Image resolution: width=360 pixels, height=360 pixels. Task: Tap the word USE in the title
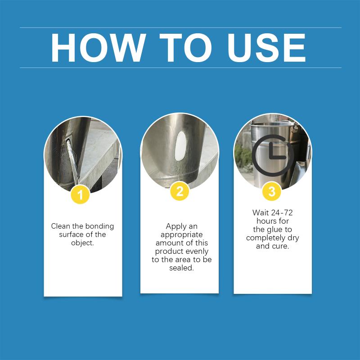click(266, 48)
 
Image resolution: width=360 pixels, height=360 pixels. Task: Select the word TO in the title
click(186, 48)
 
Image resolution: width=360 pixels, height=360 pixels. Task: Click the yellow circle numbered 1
click(80, 195)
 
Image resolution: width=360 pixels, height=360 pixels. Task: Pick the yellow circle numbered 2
click(180, 191)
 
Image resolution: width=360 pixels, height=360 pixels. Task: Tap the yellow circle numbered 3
click(272, 191)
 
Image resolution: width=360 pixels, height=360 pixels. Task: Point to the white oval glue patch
click(180, 146)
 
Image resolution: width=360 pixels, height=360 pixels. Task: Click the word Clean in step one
click(61, 226)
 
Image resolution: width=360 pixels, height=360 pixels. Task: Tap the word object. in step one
click(82, 243)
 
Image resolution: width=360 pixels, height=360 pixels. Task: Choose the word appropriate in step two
click(181, 235)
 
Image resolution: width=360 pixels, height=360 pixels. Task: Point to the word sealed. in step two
click(181, 268)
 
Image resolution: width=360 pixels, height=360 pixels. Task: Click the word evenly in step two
click(197, 252)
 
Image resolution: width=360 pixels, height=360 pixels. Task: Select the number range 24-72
click(282, 212)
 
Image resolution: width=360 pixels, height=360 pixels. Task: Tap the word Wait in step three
click(261, 212)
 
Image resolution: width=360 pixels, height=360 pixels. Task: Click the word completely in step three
click(265, 238)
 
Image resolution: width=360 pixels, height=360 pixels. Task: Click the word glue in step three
click(272, 230)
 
